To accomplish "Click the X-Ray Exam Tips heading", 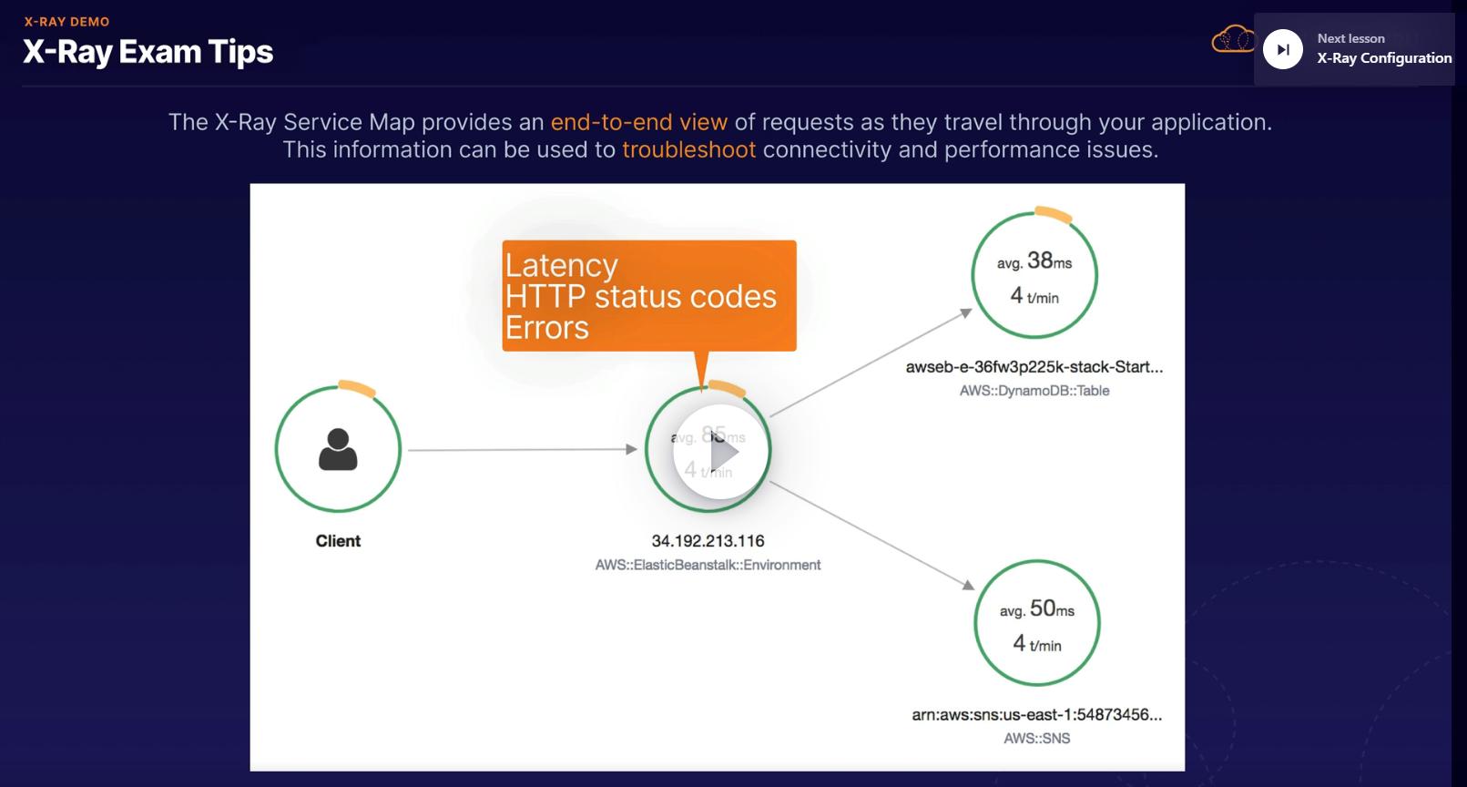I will tap(148, 52).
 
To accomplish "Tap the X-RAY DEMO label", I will tap(66, 22).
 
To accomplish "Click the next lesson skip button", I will tap(1282, 49).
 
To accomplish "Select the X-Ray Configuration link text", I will tap(1384, 58).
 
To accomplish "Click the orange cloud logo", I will tap(1232, 40).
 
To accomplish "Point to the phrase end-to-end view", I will tap(638, 122).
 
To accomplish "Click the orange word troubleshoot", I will tap(688, 149).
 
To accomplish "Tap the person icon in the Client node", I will tap(338, 449).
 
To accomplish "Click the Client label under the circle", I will tap(338, 541).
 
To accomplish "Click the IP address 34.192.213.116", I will tap(708, 541).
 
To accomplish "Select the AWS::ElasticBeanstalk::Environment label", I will tap(708, 565).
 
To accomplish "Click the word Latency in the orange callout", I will tap(561, 265).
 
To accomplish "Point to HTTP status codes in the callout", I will tap(640, 296).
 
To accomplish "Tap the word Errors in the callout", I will tap(546, 328).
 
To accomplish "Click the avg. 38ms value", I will tap(1034, 261).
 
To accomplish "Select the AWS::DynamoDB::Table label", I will tap(1034, 391).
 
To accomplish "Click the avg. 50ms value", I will tap(1037, 609).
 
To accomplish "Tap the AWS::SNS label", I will tap(1036, 739).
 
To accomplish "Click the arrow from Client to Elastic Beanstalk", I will tap(521, 449).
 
